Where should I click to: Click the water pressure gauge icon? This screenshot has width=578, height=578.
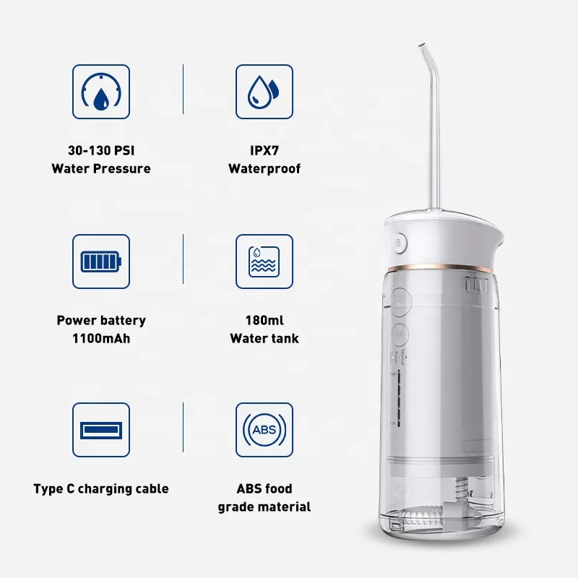point(101,92)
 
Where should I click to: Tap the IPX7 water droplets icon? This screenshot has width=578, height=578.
point(264,92)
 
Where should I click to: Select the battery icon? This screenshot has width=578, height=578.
point(101,262)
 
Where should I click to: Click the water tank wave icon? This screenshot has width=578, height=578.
point(264,262)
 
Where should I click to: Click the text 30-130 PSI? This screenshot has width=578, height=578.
point(101,151)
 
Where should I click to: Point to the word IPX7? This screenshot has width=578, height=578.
point(264,151)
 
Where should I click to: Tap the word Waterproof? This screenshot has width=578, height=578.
point(264,169)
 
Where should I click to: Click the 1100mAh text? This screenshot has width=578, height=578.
point(101,338)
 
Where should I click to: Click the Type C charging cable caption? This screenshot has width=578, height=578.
point(101,489)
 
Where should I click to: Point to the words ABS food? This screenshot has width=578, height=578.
point(264,489)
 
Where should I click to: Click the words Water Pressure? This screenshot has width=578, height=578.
point(101,169)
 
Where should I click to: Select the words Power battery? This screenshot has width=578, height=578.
point(101,320)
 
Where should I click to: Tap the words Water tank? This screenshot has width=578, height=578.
point(264,338)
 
